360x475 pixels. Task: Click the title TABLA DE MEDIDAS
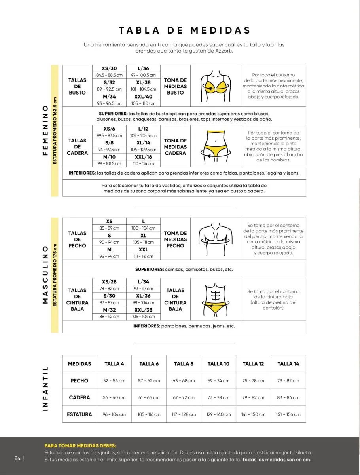[185, 30]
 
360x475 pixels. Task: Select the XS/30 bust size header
[109, 68]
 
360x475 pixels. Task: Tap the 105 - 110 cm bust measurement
[143, 103]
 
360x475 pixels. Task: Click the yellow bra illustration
[216, 85]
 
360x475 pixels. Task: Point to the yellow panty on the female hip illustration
[216, 150]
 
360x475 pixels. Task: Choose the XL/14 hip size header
[143, 143]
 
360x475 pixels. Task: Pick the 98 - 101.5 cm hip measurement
[109, 163]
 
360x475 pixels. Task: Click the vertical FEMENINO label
[45, 130]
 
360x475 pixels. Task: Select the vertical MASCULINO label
[45, 275]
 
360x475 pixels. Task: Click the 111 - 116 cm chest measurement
[143, 256]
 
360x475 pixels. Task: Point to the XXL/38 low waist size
[143, 310]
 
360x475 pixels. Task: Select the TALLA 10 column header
[218, 364]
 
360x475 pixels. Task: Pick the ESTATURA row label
[80, 414]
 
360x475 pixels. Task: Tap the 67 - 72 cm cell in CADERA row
[184, 397]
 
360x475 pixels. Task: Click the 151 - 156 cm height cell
[288, 414]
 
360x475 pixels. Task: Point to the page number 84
[17, 458]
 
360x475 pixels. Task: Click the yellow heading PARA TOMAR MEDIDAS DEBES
[80, 445]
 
